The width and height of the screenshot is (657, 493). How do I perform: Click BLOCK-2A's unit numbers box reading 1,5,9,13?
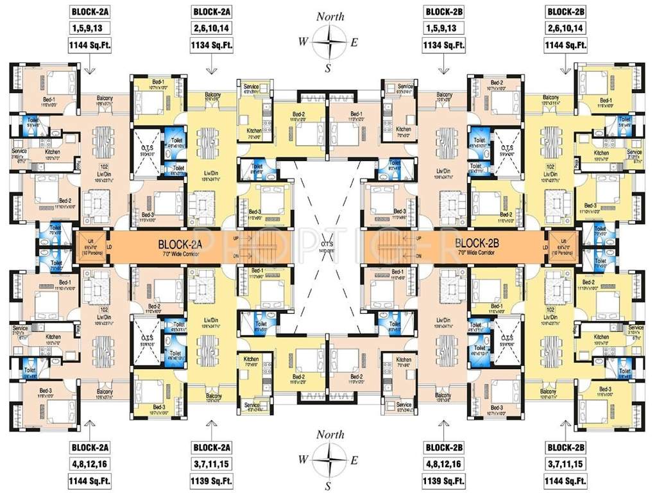90,29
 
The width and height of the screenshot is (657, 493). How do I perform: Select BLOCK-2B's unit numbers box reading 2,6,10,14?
565,29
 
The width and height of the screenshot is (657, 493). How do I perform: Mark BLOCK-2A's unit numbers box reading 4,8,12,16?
90,463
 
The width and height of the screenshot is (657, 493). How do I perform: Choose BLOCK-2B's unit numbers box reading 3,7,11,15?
565,463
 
